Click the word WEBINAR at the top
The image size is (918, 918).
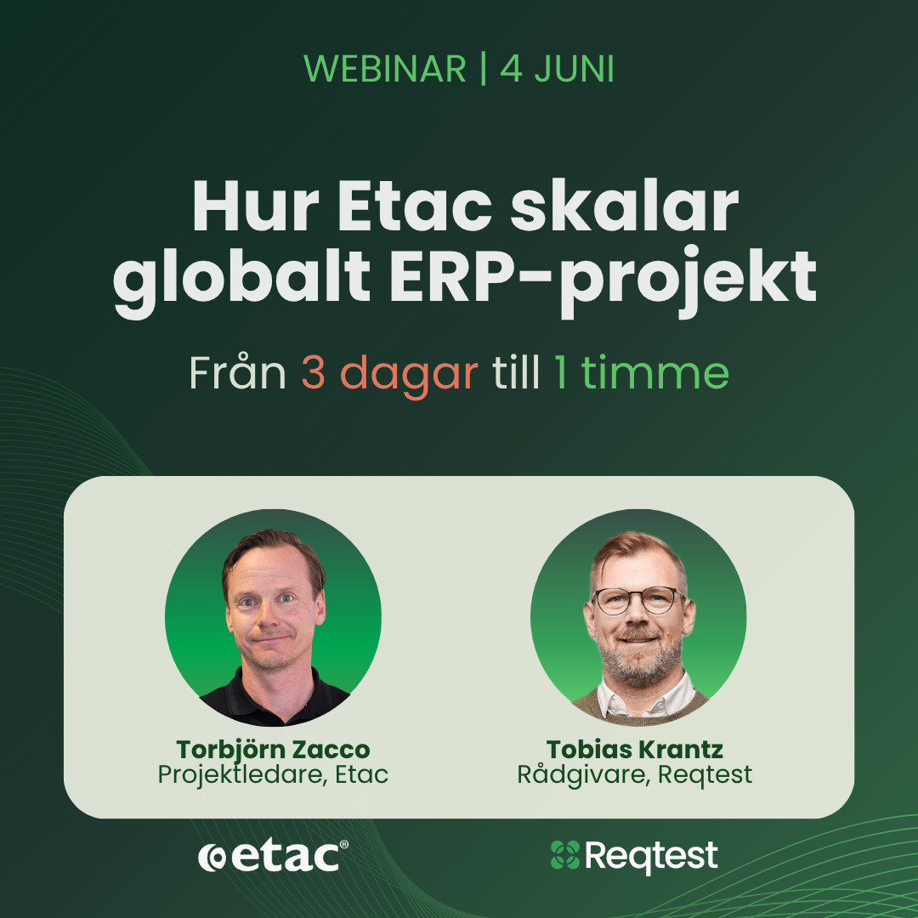pos(385,69)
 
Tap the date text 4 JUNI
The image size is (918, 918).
pos(558,69)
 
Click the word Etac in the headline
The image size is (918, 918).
pos(415,207)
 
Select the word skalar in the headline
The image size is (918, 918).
pos(624,207)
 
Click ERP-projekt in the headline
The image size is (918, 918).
pos(603,279)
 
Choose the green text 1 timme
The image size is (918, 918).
pos(642,372)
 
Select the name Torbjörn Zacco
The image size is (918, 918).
pos(274,750)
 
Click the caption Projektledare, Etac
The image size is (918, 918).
pos(273,774)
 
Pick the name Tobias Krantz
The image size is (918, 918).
pos(635,750)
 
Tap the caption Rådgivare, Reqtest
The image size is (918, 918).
pos(635,774)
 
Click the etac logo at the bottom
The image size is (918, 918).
pos(273,857)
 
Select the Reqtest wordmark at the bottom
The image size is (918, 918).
pos(651,856)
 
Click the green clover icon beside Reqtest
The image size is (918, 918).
pos(565,855)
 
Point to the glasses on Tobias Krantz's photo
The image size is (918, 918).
pos(637,601)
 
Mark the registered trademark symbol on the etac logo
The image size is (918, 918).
pos(343,844)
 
